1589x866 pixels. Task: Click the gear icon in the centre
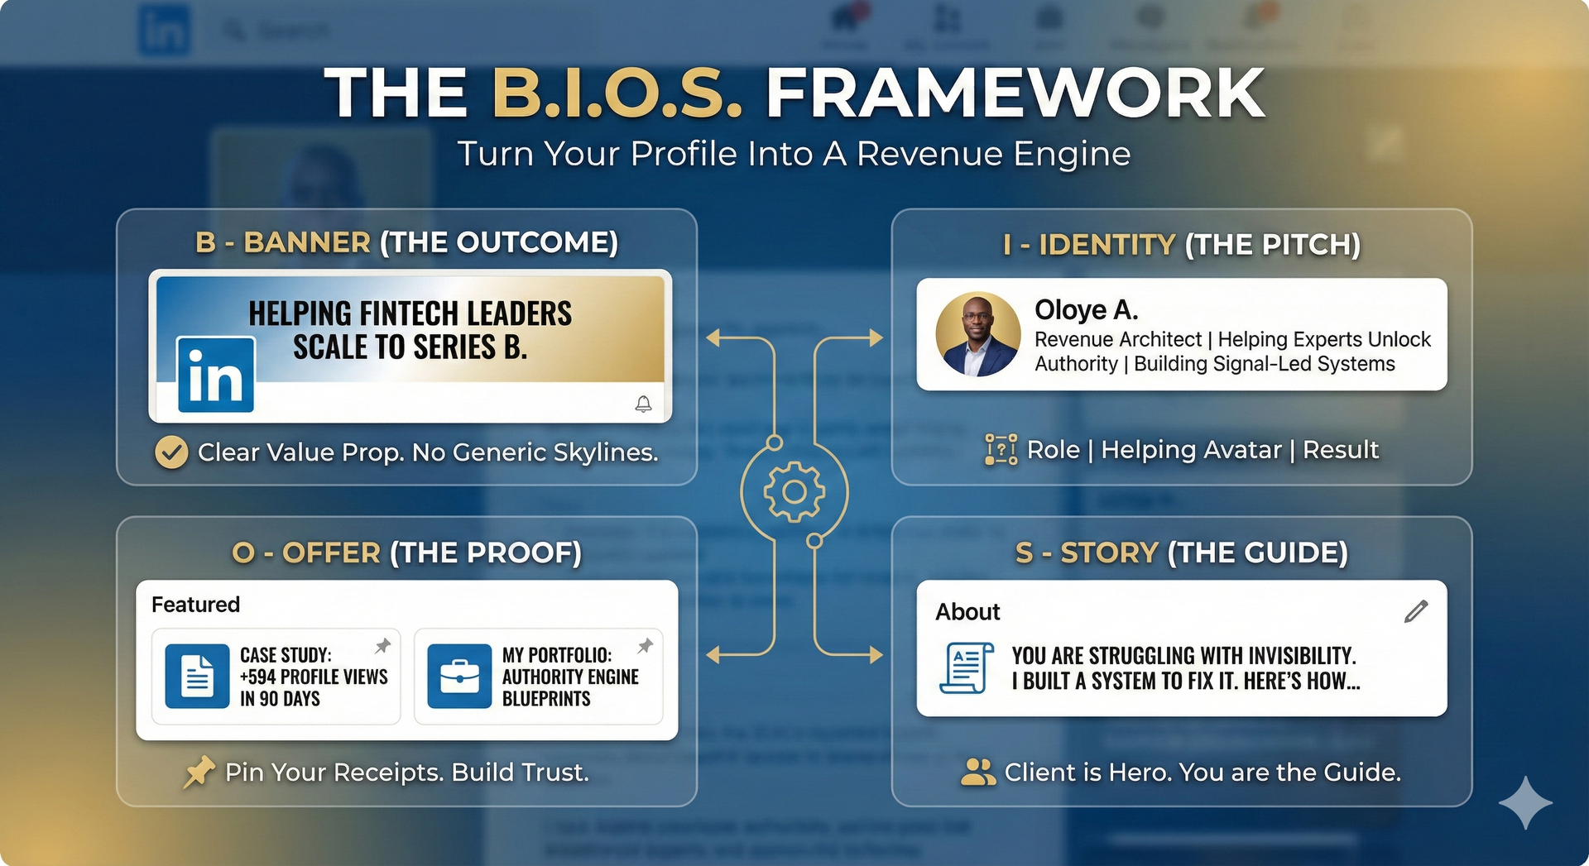[794, 492]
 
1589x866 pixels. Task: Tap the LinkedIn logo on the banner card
[216, 375]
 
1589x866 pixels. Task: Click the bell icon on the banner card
[643, 404]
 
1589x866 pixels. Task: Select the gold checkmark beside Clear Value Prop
[171, 452]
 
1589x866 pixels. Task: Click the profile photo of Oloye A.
[978, 334]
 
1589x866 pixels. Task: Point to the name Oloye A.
[1087, 310]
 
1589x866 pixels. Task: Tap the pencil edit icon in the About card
[1416, 611]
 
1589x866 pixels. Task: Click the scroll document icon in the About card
[967, 667]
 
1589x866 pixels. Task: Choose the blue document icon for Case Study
[197, 676]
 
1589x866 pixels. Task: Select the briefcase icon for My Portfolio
[459, 676]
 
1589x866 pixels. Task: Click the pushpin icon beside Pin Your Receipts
[199, 773]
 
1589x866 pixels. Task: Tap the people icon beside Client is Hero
[978, 772]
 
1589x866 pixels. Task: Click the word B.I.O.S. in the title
[617, 93]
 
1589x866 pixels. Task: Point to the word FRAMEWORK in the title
[1015, 93]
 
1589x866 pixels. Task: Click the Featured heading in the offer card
[195, 605]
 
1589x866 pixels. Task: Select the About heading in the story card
[967, 612]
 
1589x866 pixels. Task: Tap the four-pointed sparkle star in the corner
[1525, 802]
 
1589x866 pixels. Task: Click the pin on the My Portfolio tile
[646, 645]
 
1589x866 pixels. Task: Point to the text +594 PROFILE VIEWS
[314, 677]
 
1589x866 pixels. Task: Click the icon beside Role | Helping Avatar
[1001, 450]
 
